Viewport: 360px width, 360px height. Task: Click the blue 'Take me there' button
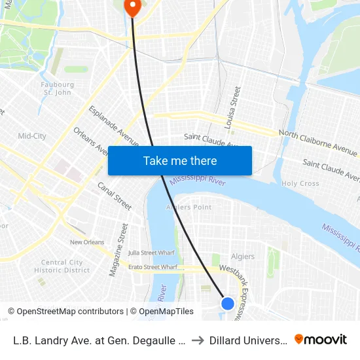click(x=180, y=160)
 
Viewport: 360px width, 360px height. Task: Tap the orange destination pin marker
click(x=132, y=7)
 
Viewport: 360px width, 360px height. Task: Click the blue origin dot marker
click(x=228, y=303)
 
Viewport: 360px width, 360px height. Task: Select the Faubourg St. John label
click(x=57, y=88)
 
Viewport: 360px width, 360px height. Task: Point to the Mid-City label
click(x=32, y=136)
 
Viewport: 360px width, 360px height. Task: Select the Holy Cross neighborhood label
click(x=300, y=184)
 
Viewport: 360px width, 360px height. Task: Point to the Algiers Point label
click(x=189, y=207)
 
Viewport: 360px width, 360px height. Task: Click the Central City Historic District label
click(x=62, y=266)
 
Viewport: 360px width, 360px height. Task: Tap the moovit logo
click(x=321, y=340)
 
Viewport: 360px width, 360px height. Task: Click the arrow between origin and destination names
click(x=197, y=340)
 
